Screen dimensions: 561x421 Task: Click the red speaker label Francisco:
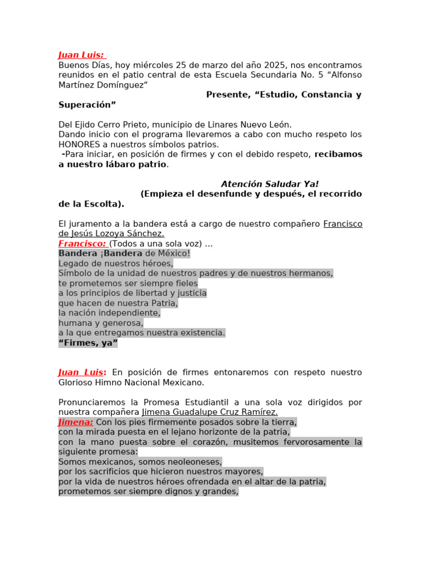tap(82, 243)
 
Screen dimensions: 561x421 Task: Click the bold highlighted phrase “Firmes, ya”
tap(88, 343)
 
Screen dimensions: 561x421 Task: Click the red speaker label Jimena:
tap(76, 422)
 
